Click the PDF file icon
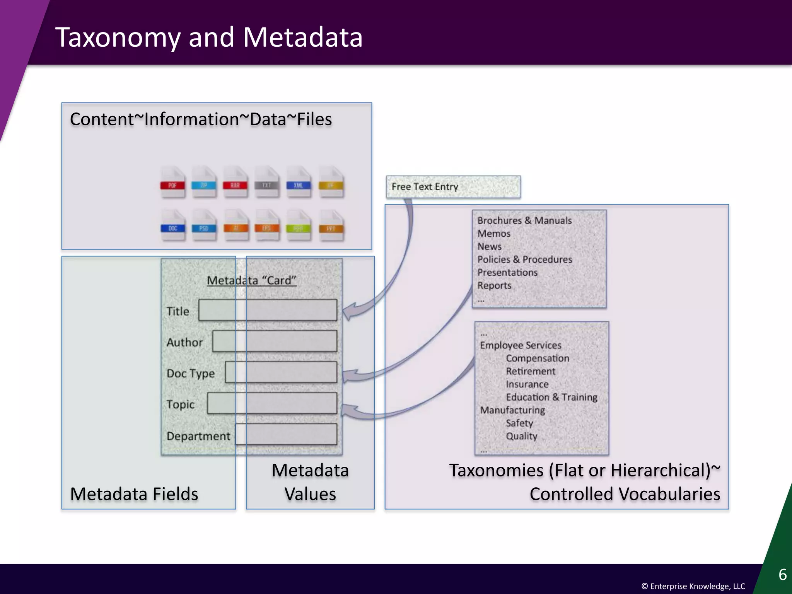click(x=172, y=182)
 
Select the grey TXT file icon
click(x=266, y=182)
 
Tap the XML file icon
click(x=298, y=182)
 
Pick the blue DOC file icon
click(x=172, y=225)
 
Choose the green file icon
click(x=298, y=225)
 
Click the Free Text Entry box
click(x=453, y=187)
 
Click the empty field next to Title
click(x=268, y=310)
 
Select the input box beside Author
click(x=275, y=341)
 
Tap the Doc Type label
click(x=190, y=373)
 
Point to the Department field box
click(x=286, y=434)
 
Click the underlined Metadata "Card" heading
click(x=251, y=280)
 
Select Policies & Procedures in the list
click(x=524, y=259)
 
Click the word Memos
click(x=494, y=234)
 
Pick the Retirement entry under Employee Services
click(x=530, y=371)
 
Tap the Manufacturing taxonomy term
click(x=512, y=410)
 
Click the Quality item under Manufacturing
click(x=521, y=436)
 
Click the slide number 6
click(x=782, y=575)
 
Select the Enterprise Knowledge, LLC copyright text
click(x=693, y=586)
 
